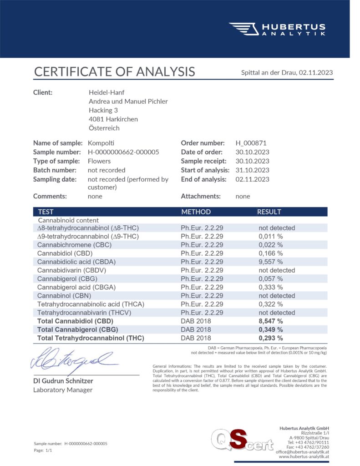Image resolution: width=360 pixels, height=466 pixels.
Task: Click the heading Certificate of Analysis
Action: (x=114, y=71)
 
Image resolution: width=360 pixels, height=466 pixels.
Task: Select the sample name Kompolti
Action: (x=101, y=143)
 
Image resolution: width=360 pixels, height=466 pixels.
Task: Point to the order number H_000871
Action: (x=251, y=143)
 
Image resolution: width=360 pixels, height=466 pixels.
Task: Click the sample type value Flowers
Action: (x=99, y=161)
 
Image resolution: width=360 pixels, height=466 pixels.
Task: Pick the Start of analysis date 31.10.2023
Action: (x=252, y=170)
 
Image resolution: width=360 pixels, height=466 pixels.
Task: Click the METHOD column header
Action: (x=196, y=212)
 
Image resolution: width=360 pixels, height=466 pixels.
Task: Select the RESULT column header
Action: (x=269, y=212)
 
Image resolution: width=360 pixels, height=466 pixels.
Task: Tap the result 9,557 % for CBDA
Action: (x=271, y=262)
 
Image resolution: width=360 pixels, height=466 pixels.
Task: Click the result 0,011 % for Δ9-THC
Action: (x=271, y=236)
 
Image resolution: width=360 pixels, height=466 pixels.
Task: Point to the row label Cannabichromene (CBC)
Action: (x=74, y=245)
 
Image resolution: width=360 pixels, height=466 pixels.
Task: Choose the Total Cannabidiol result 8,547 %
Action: (x=271, y=321)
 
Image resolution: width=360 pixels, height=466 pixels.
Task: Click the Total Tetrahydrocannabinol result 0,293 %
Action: (x=271, y=338)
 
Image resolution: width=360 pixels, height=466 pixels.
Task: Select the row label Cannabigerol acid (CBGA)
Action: (x=76, y=287)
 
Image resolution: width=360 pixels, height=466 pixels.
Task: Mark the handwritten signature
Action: (x=73, y=360)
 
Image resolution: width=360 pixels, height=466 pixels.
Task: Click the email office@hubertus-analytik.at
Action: (x=302, y=451)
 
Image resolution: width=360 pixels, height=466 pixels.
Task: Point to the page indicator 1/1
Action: (x=49, y=450)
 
